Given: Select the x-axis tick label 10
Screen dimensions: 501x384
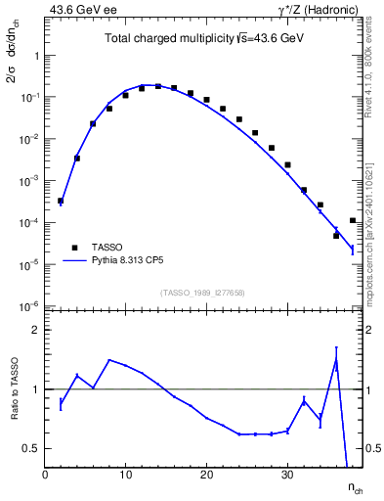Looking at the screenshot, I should [x=125, y=474].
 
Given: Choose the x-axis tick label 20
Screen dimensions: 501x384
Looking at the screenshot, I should [x=206, y=474].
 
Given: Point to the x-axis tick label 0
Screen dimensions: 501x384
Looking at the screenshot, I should [x=45, y=474].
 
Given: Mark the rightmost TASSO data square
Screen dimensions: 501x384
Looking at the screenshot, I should [x=352, y=220].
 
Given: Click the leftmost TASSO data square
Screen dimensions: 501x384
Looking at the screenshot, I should [x=61, y=201].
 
